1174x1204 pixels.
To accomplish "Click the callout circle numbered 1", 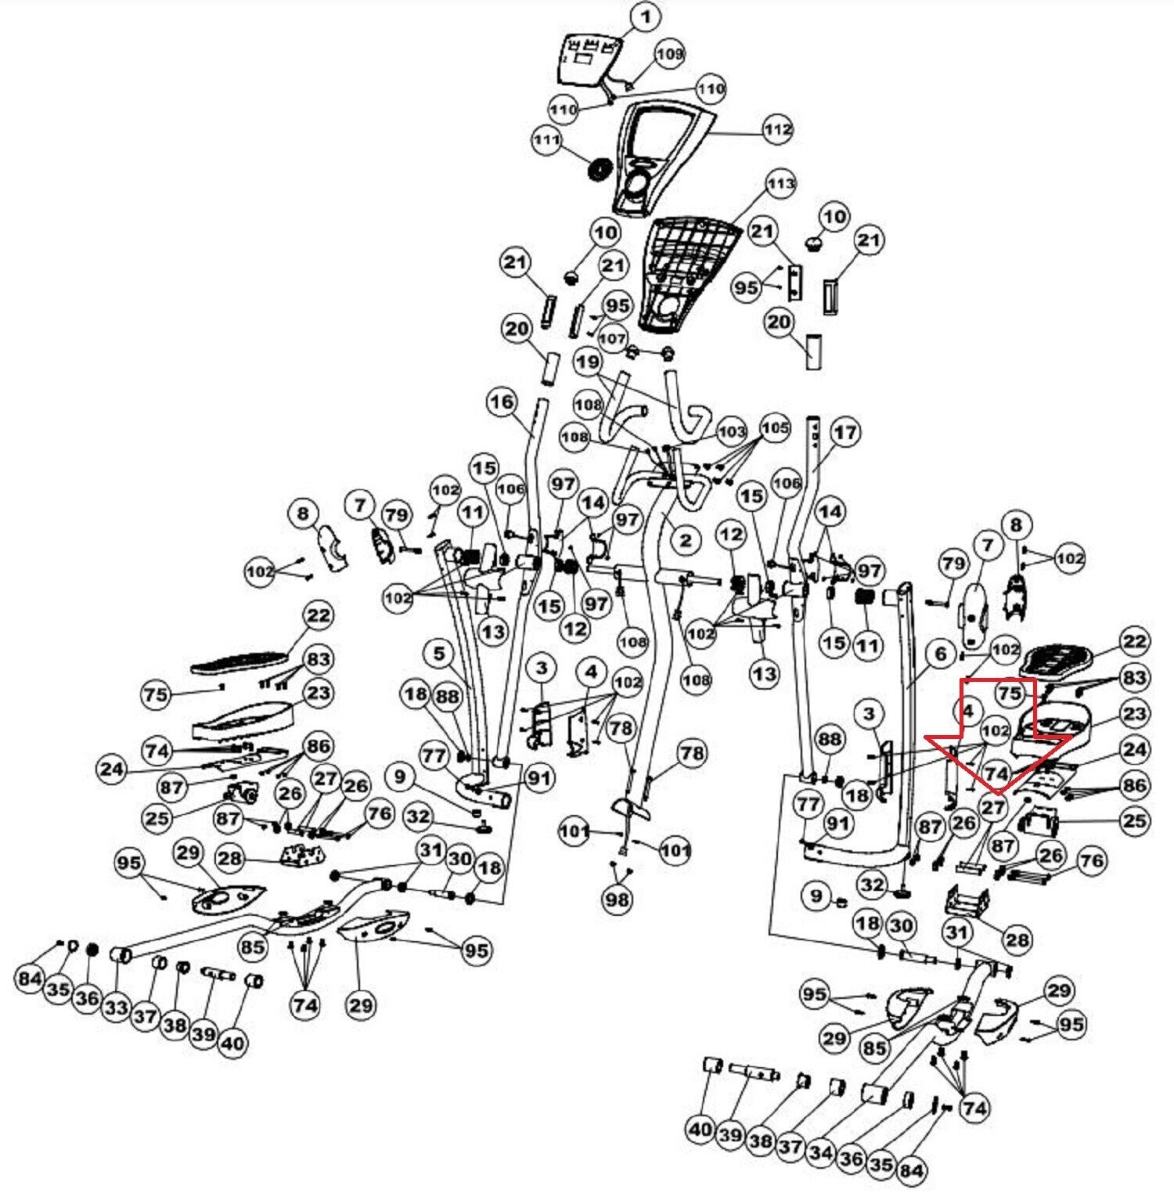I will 645,16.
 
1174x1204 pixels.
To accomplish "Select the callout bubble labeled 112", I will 778,129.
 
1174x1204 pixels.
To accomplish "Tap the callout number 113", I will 780,184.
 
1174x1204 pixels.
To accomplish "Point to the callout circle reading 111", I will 546,140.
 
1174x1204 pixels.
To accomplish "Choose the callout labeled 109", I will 669,53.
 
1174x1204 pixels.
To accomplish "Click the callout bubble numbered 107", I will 612,339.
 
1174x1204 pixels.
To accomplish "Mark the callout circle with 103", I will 732,431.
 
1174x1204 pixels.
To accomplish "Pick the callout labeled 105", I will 775,428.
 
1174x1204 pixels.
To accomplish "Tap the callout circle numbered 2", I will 685,539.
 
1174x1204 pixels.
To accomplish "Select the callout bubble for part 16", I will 502,402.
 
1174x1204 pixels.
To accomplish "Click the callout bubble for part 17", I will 845,432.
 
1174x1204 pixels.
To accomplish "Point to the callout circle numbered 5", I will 439,654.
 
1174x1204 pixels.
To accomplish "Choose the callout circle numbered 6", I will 941,654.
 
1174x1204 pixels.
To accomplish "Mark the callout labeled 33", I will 116,1008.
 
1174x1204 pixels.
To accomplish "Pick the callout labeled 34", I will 820,1152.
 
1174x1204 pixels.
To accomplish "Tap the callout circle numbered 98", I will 617,899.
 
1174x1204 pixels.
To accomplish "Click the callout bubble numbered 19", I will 588,362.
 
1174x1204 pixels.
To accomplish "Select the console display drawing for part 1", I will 587,59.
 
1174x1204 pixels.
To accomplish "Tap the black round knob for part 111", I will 600,170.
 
